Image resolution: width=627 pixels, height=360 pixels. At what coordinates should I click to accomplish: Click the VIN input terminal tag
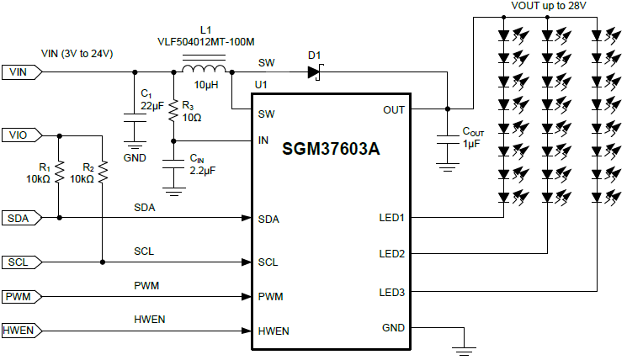(x=19, y=72)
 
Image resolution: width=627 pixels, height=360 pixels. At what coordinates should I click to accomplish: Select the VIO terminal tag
(x=19, y=135)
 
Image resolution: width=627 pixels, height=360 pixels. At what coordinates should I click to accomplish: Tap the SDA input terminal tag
(x=19, y=219)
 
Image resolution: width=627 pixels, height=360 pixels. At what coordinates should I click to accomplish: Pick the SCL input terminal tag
(x=19, y=262)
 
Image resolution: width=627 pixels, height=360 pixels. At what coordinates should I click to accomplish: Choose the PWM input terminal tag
(x=19, y=296)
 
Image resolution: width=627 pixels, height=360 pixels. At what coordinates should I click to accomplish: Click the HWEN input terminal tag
(x=19, y=330)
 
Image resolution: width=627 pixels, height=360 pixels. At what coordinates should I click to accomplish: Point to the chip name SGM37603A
(x=331, y=149)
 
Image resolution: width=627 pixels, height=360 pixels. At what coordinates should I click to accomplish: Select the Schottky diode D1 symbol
(x=316, y=72)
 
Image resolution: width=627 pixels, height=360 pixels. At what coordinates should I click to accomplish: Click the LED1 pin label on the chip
(x=391, y=219)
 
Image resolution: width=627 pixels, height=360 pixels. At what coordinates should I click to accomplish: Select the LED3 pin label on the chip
(x=391, y=292)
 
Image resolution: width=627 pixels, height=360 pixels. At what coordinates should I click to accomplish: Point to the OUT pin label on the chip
(x=394, y=109)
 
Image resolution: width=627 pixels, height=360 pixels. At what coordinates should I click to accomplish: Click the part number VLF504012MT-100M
(x=205, y=40)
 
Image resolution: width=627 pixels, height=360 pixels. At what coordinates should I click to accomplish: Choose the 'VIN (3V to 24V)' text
(x=77, y=54)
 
